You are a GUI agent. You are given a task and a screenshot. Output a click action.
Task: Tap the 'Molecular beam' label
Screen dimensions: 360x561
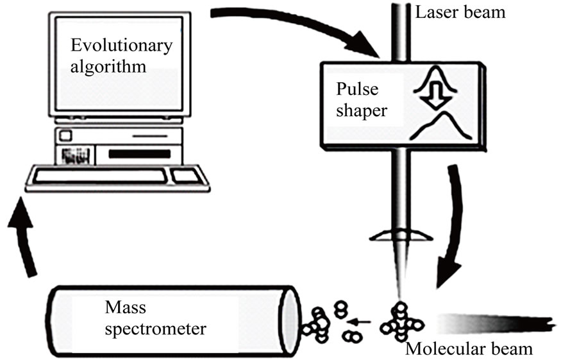click(469, 349)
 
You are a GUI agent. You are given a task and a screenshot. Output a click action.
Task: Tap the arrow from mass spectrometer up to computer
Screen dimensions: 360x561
click(24, 244)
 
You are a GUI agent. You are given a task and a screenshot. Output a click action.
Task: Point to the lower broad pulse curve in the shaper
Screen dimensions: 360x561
click(442, 126)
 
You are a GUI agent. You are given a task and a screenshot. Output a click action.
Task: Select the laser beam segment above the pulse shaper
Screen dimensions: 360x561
click(399, 29)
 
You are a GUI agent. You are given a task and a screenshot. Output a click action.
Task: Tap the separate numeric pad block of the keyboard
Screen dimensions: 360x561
click(187, 176)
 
